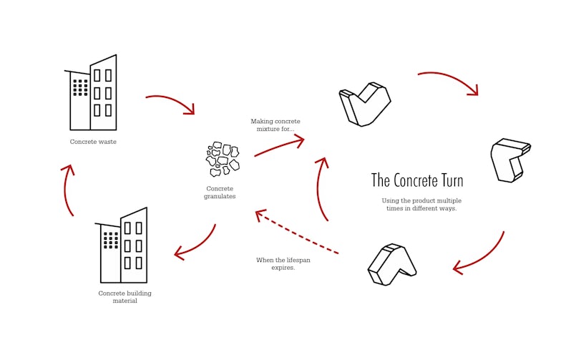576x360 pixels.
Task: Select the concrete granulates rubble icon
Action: pyautogui.click(x=222, y=160)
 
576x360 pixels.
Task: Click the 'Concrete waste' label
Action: pyautogui.click(x=93, y=142)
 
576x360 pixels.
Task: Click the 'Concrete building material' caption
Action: pyautogui.click(x=125, y=297)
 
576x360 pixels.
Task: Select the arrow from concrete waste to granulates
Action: pyautogui.click(x=170, y=102)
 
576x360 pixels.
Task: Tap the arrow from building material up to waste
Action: pyautogui.click(x=68, y=190)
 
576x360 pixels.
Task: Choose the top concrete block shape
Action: pyautogui.click(x=364, y=104)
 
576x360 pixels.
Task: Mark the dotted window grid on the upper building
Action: pyautogui.click(x=81, y=87)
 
